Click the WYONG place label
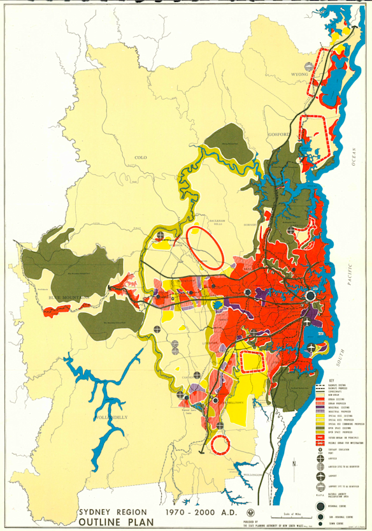click(299, 74)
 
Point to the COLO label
click(140, 156)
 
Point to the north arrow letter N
click(294, 463)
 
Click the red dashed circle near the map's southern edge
click(221, 444)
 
